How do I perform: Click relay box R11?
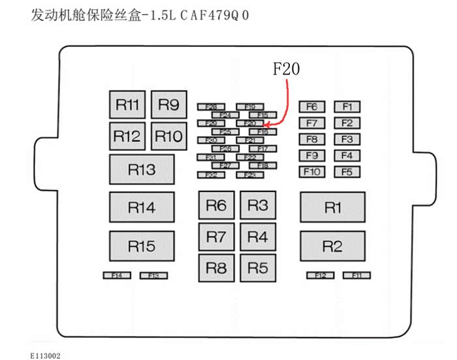pyautogui.click(x=127, y=105)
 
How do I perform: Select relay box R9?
pyautogui.click(x=169, y=105)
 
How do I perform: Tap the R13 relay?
pyautogui.click(x=142, y=170)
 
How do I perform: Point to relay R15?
pyautogui.click(x=142, y=246)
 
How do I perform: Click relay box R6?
pyautogui.click(x=216, y=206)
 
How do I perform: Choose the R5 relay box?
pyautogui.click(x=258, y=267)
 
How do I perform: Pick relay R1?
pyautogui.click(x=332, y=208)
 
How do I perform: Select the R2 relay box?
pyautogui.click(x=332, y=246)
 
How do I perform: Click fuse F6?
pyautogui.click(x=311, y=106)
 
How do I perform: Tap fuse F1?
pyautogui.click(x=347, y=106)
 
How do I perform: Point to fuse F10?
pyautogui.click(x=311, y=172)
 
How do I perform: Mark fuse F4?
pyautogui.click(x=347, y=155)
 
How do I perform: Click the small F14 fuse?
pyautogui.click(x=117, y=276)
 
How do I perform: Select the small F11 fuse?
pyautogui.click(x=356, y=276)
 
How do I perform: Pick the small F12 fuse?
pyautogui.click(x=321, y=276)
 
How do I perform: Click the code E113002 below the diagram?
pyautogui.click(x=46, y=355)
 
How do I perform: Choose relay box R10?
pyautogui.click(x=169, y=137)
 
